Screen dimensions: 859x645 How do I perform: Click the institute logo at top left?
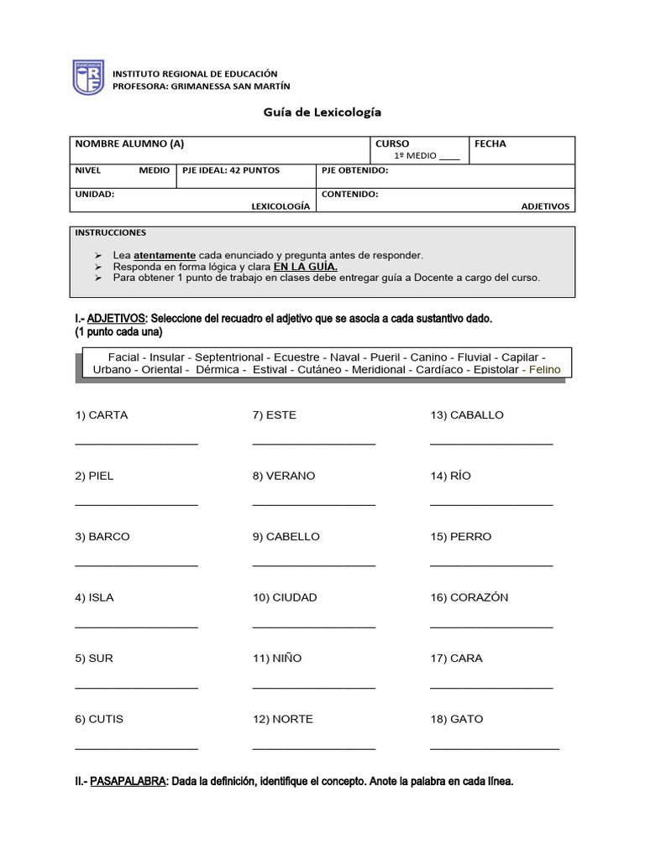[x=87, y=76]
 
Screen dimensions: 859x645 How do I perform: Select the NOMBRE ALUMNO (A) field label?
[x=129, y=143]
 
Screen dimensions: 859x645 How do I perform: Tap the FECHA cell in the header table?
[x=490, y=143]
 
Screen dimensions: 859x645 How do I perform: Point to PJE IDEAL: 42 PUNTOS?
[x=231, y=170]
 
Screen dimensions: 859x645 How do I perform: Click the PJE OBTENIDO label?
[x=354, y=170]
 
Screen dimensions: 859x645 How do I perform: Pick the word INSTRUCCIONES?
[x=110, y=232]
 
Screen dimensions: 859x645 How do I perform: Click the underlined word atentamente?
[x=165, y=255]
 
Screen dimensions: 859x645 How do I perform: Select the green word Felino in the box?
[x=540, y=369]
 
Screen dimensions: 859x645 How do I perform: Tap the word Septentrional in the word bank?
[x=229, y=357]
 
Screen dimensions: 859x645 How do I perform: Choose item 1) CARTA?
[x=102, y=415]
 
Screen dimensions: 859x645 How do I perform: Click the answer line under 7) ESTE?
[x=313, y=443]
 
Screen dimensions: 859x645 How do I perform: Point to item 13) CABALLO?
[x=467, y=415]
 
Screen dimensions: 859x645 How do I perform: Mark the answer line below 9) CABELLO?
[x=313, y=565]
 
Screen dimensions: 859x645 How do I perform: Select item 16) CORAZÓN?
[x=469, y=597]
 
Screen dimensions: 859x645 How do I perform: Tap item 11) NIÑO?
[x=277, y=659]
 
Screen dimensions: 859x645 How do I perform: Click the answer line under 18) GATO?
[x=494, y=747]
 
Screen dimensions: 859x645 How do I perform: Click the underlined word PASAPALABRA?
[x=128, y=781]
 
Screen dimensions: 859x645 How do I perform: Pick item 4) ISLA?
[x=94, y=597]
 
